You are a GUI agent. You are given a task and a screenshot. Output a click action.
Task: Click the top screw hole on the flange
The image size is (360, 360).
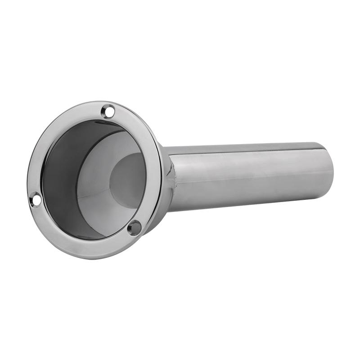click(x=108, y=111)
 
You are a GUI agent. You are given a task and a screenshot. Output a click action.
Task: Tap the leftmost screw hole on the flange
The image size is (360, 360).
click(x=35, y=198)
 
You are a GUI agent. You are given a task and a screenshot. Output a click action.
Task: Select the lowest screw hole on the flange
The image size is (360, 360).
click(x=134, y=228)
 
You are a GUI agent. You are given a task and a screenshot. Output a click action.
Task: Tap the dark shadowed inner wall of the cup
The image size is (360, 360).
click(x=61, y=180)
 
